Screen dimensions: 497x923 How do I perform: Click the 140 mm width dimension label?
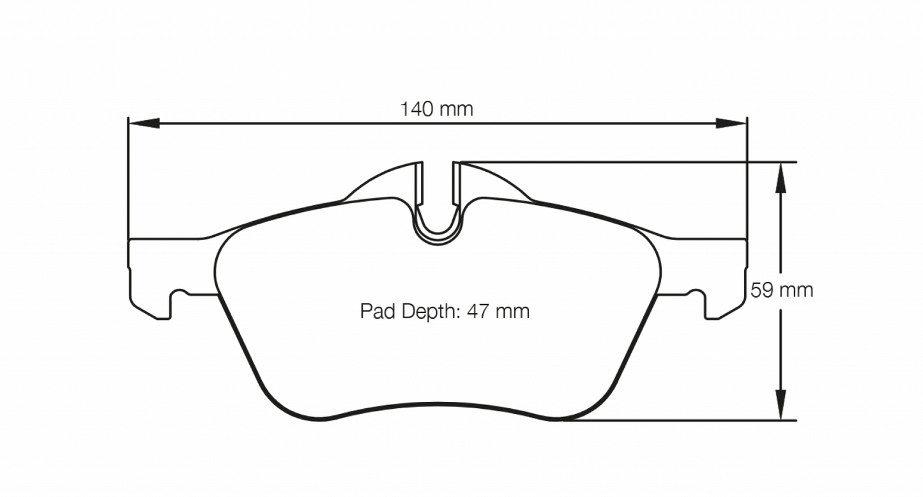pyautogui.click(x=437, y=109)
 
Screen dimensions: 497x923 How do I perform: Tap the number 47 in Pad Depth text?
pyautogui.click(x=478, y=312)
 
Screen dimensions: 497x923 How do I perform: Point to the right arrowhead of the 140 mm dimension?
pyautogui.click(x=731, y=123)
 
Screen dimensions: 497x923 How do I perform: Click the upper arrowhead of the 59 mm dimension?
pyautogui.click(x=780, y=176)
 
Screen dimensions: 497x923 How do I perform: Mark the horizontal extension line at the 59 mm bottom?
pyautogui.click(x=677, y=420)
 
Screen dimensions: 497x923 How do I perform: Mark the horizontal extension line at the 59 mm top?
pyautogui.click(x=626, y=162)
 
